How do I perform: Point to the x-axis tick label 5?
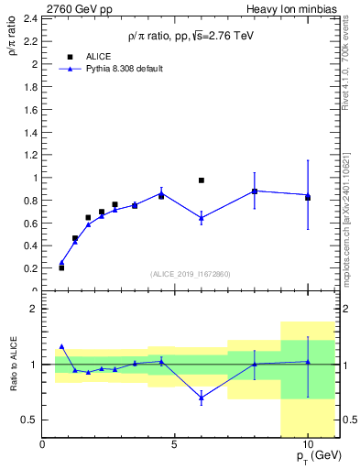pos(175,445)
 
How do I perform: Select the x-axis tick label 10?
pos(307,445)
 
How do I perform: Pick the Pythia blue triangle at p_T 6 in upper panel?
pos(202,217)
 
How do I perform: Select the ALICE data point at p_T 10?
pos(308,197)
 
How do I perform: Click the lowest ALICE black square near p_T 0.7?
pos(61,267)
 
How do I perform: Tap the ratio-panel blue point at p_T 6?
pos(202,397)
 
